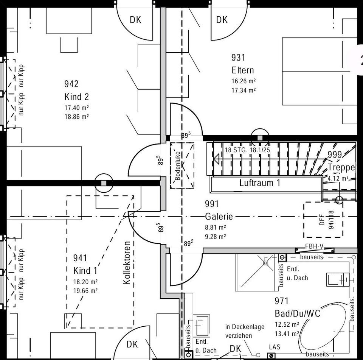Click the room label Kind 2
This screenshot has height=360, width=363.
tap(77, 97)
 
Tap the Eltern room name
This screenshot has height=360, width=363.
tap(243, 70)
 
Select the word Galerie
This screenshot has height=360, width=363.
tap(219, 217)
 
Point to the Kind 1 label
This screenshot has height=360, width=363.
tap(85, 271)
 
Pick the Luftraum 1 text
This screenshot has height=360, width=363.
tap(260, 183)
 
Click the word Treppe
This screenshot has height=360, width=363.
tap(341, 167)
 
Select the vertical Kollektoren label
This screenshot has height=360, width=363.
tap(127, 263)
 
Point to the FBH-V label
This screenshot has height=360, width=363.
tap(314, 247)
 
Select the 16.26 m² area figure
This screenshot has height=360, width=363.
tap(244, 81)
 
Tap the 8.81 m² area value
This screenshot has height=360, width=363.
tap(216, 228)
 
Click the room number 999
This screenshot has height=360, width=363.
tap(335, 154)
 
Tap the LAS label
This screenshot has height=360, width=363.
tap(275, 347)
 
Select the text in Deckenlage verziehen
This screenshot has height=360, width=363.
tap(245, 331)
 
